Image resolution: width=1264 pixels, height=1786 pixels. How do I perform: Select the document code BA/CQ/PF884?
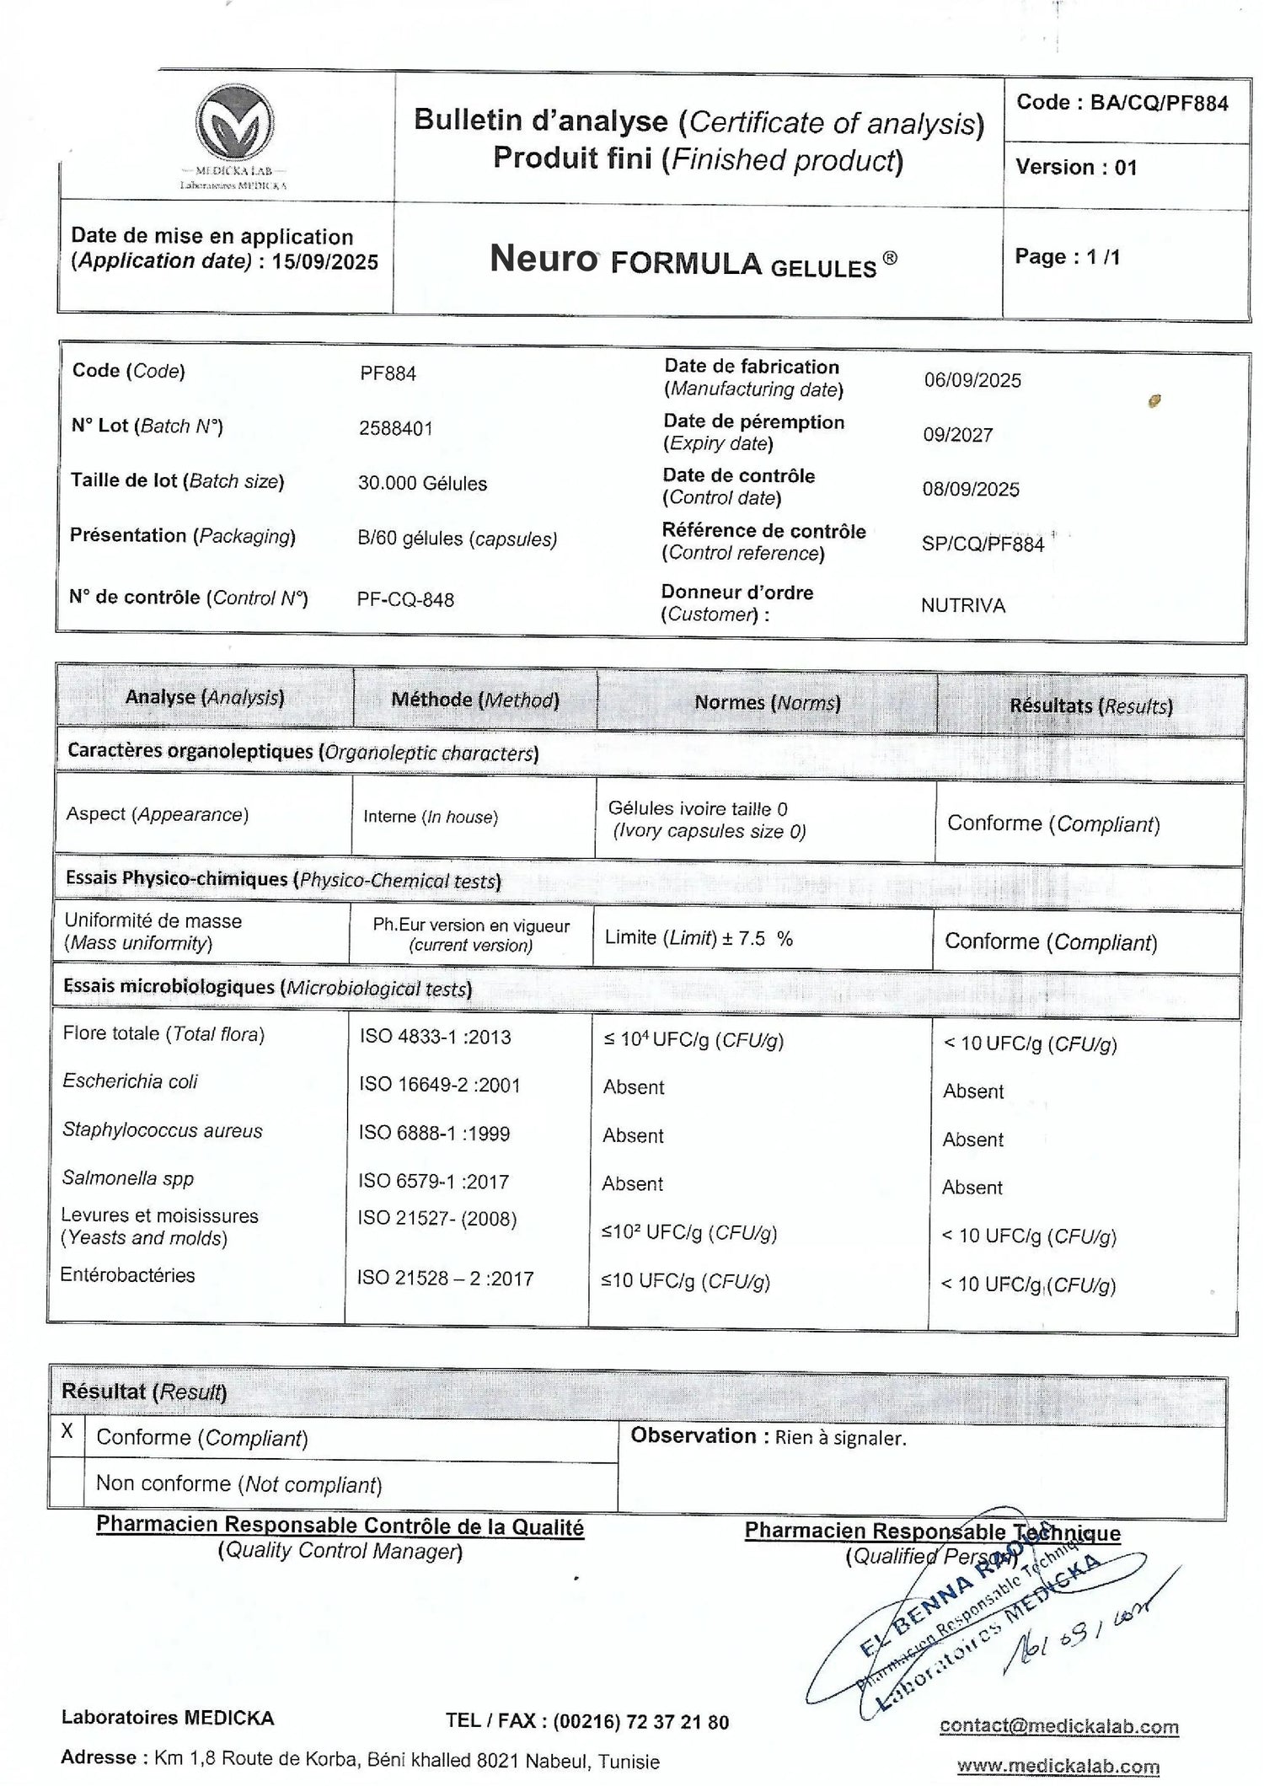click(x=1159, y=104)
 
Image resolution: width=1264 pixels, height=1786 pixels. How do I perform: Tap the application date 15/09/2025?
click(x=325, y=262)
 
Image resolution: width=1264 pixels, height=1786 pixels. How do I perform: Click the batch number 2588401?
click(x=395, y=428)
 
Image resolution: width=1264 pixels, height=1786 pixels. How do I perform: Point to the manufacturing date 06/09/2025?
click(x=972, y=380)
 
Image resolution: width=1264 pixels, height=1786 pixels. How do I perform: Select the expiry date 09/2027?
click(x=957, y=435)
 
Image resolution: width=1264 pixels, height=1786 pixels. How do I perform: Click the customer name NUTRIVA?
click(x=962, y=605)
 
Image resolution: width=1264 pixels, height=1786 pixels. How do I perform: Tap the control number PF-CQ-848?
click(x=405, y=599)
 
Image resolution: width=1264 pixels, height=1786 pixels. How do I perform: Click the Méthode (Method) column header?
click(x=475, y=700)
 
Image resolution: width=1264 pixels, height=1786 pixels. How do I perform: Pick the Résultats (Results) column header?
click(x=1090, y=705)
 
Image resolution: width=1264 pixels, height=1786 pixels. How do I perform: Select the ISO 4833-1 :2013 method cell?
click(x=435, y=1037)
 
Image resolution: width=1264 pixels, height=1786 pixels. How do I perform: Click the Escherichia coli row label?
click(x=130, y=1081)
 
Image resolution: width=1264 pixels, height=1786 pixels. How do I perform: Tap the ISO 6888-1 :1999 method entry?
click(x=434, y=1134)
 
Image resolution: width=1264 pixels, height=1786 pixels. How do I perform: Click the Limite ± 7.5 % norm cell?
click(x=699, y=939)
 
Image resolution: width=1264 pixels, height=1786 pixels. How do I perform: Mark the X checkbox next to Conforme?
click(x=67, y=1431)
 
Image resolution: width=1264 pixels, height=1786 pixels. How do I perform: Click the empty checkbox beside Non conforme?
click(x=67, y=1483)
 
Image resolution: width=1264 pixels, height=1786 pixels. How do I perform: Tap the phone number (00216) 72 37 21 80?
click(x=640, y=1721)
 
